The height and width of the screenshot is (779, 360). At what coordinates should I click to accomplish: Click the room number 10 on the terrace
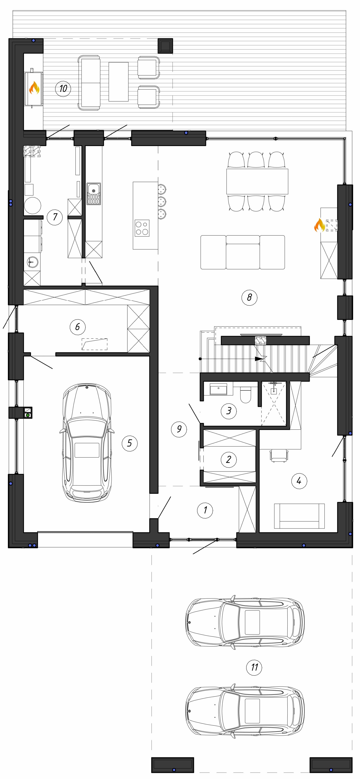tap(63, 88)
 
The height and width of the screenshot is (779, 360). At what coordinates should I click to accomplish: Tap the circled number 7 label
tap(55, 217)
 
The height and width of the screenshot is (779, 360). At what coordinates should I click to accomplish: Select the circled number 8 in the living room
tap(249, 297)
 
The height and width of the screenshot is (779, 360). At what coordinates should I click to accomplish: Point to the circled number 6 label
tap(78, 327)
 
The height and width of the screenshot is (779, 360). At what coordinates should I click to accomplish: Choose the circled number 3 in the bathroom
tap(229, 411)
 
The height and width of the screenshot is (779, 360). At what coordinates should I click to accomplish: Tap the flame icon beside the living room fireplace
tap(319, 225)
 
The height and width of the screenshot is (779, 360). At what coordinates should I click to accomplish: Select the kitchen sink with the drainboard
tap(94, 194)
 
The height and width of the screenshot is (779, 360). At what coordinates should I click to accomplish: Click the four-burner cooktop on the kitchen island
tap(142, 228)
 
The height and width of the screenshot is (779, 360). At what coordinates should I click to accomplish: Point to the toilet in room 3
tap(245, 395)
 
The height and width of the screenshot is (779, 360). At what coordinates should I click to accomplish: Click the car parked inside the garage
tap(87, 443)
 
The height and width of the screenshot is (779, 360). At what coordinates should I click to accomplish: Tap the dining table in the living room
tap(257, 181)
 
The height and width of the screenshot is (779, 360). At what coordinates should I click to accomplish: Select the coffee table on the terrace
tap(118, 82)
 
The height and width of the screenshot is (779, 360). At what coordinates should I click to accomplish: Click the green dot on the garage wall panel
tap(28, 415)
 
